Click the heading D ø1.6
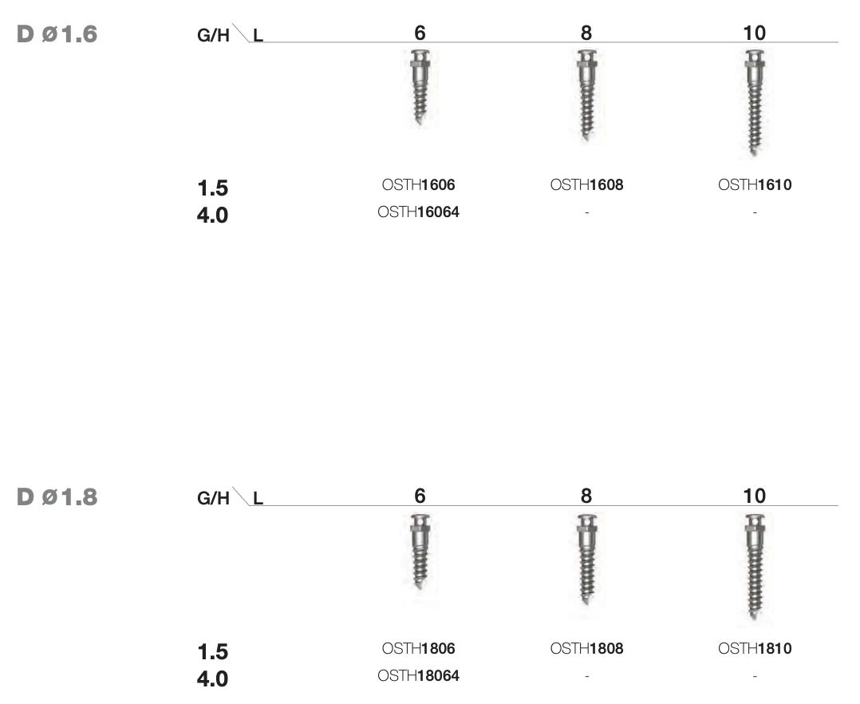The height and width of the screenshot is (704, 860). coord(57,34)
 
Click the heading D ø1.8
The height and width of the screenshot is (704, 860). coord(57,497)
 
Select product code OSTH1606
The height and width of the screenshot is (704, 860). coord(419,185)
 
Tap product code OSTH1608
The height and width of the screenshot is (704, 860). coord(587,185)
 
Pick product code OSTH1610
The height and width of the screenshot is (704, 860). coord(755,185)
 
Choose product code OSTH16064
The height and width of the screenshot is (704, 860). coord(419,212)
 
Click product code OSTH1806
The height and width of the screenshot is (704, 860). coord(419,649)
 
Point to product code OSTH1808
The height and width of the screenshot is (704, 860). coord(587,649)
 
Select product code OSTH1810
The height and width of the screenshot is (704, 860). coord(755,649)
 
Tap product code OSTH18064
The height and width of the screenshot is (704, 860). coord(419,675)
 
